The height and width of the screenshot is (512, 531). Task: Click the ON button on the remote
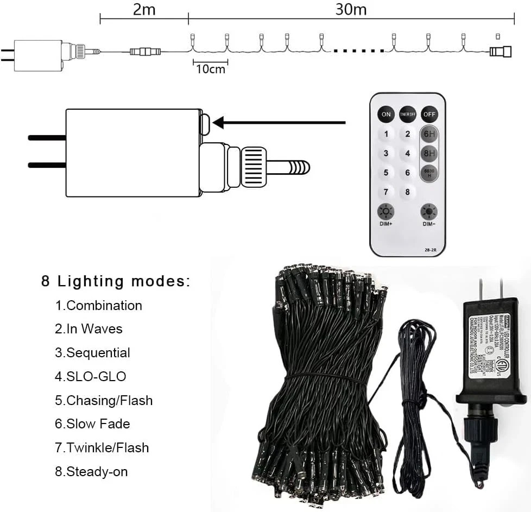(x=386, y=114)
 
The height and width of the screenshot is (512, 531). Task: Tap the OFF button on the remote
(x=429, y=114)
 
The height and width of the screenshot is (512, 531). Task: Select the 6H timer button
(x=428, y=134)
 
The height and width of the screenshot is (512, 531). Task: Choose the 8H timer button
(x=428, y=154)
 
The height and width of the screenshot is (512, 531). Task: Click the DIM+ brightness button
(x=386, y=212)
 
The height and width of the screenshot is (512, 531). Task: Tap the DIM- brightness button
(x=429, y=212)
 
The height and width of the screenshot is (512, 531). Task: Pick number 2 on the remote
(x=407, y=134)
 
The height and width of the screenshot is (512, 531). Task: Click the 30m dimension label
(x=351, y=10)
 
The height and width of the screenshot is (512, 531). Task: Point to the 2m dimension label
(x=144, y=10)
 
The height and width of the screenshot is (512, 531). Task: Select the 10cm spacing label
(x=210, y=69)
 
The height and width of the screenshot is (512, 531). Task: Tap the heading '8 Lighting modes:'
(x=116, y=281)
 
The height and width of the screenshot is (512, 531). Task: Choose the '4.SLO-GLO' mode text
(x=91, y=376)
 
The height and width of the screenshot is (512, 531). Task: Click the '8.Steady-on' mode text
(x=91, y=471)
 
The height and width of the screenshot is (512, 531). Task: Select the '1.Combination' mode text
(x=98, y=305)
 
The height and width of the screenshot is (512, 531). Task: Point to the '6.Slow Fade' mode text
(x=92, y=423)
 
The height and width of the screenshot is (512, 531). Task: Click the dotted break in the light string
(x=359, y=51)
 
